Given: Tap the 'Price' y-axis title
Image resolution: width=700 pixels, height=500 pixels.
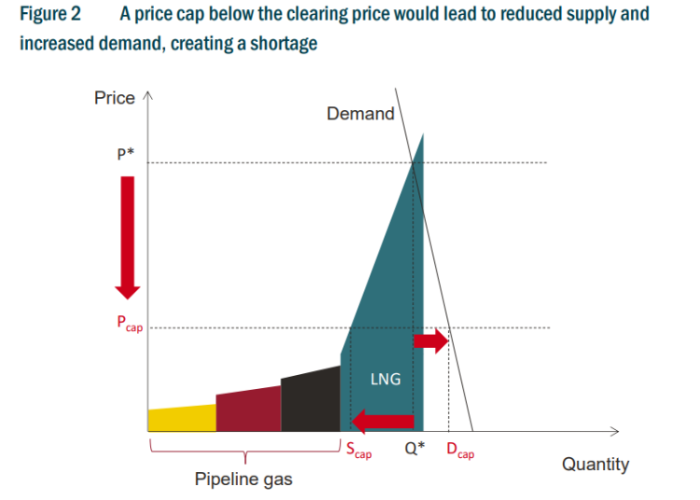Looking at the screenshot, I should pos(114,98).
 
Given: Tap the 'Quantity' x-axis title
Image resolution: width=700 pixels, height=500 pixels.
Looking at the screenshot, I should pos(595,464).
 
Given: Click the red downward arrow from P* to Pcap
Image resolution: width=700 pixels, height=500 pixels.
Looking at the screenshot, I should pos(128,233).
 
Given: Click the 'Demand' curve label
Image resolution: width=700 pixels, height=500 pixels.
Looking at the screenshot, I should pos(360,114).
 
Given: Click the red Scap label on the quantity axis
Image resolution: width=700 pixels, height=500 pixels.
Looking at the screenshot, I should pos(358,452).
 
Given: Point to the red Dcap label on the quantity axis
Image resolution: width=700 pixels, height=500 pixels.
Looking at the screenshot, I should pos(459,452).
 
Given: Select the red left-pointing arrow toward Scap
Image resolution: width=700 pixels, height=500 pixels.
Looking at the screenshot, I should pos(383,422).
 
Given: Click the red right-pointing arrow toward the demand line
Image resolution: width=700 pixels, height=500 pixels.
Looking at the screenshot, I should pos(431,341).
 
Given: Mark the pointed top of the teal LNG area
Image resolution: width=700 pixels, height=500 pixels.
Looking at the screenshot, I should pos(423,136).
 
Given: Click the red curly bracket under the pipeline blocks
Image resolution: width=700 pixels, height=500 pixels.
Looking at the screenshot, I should pos(245,453).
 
